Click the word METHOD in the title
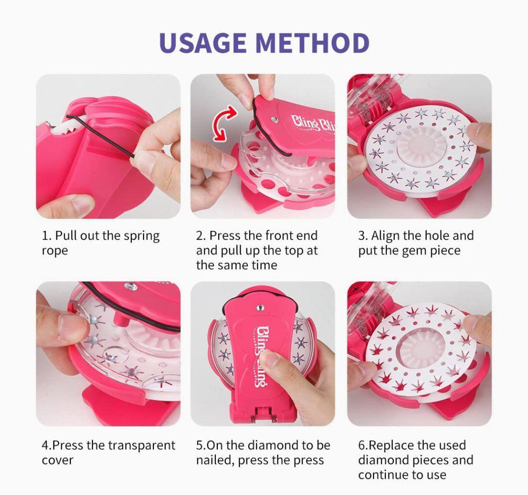coord(313,43)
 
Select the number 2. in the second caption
coord(201,236)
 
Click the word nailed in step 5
coord(215,460)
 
